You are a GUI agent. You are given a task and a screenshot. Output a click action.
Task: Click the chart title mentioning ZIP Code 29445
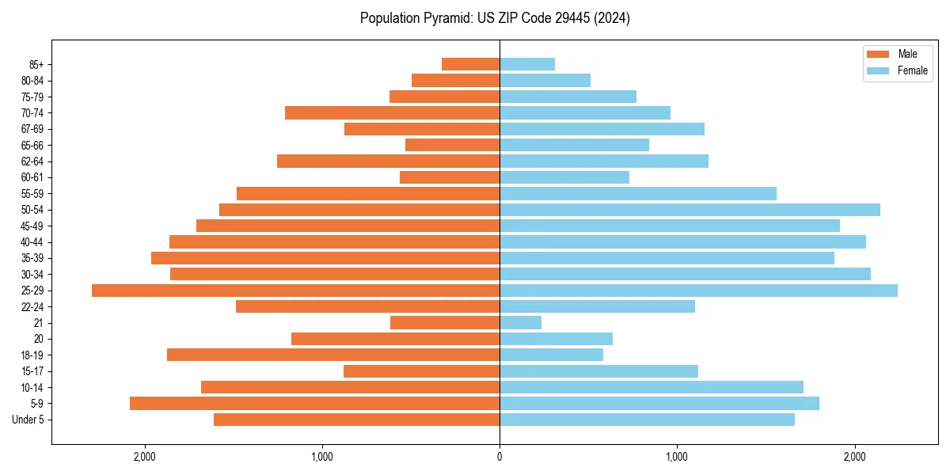[x=495, y=18]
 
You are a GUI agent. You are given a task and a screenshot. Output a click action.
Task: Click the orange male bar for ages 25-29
[x=295, y=291]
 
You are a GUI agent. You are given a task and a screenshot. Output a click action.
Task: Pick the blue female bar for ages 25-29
[x=698, y=291]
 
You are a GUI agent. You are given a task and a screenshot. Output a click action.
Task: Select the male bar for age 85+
[x=470, y=64]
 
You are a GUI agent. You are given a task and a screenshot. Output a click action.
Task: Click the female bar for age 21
[x=520, y=323]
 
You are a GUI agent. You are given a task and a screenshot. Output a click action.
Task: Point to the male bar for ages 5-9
[x=314, y=404]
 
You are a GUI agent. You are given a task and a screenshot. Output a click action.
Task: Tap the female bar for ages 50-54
[x=690, y=210]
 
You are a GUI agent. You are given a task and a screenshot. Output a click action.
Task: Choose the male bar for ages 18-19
[x=333, y=355]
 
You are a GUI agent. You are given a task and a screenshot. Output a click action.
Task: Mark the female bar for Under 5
[x=647, y=420]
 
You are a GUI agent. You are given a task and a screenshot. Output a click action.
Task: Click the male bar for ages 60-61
[x=450, y=177]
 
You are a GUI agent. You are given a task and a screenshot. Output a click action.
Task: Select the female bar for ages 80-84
[x=545, y=80]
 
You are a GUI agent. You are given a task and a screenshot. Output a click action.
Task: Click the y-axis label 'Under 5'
[x=28, y=420]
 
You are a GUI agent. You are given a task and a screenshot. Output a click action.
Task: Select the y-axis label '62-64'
[x=32, y=161]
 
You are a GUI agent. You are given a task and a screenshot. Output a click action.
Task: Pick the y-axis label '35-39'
[x=32, y=258]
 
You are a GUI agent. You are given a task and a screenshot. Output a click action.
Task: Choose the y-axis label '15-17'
[x=32, y=371]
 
